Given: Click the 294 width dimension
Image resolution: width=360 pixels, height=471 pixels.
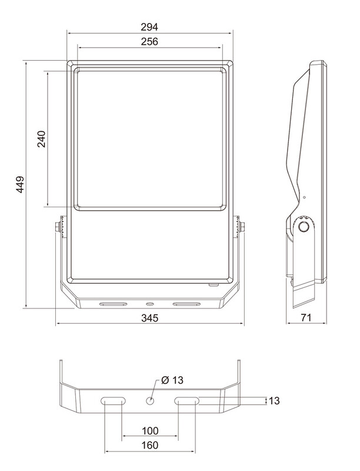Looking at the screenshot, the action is [149, 27].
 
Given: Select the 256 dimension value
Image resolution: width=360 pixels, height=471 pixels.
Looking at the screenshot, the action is [149, 41].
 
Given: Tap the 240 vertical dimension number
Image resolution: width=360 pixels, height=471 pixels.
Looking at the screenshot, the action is [41, 139].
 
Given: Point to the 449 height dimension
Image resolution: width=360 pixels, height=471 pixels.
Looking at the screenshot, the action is [20, 184].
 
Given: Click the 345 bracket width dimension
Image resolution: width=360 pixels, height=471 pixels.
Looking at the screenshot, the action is [149, 318].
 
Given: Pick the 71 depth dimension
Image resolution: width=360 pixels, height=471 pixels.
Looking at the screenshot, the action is [306, 317].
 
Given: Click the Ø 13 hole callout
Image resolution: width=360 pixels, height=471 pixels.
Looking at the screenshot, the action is [172, 380].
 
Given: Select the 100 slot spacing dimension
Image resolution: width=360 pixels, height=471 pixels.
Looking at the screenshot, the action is [150, 431].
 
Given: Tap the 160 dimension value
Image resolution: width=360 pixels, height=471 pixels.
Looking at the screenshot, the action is [149, 445].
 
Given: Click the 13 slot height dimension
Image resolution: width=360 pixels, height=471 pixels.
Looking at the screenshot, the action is [274, 400].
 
